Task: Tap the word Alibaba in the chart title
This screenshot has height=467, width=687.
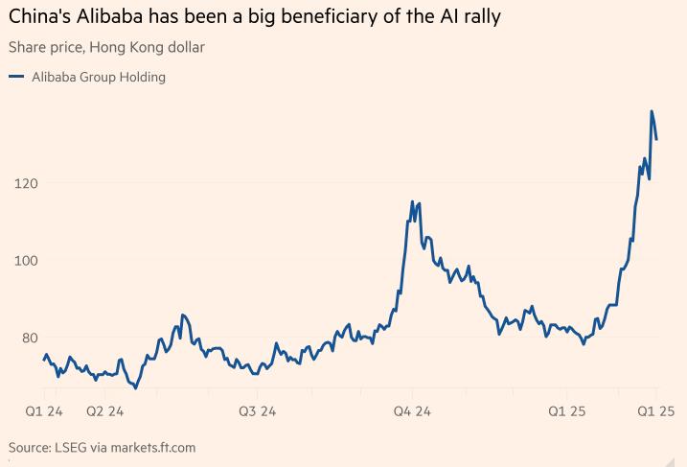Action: (106, 16)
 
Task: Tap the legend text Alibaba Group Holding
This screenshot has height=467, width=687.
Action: (99, 77)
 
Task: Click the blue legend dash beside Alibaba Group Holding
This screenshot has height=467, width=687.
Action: (15, 77)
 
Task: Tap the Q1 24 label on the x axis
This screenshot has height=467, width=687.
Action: (43, 411)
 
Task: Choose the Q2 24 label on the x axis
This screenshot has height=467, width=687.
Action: (104, 411)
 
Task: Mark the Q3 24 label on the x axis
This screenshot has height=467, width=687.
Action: (257, 411)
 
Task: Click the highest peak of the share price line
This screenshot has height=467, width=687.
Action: (652, 111)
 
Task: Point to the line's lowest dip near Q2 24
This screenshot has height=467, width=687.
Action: (136, 388)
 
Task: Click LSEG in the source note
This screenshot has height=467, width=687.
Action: (73, 447)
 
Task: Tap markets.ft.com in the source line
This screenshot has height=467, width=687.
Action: (154, 447)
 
